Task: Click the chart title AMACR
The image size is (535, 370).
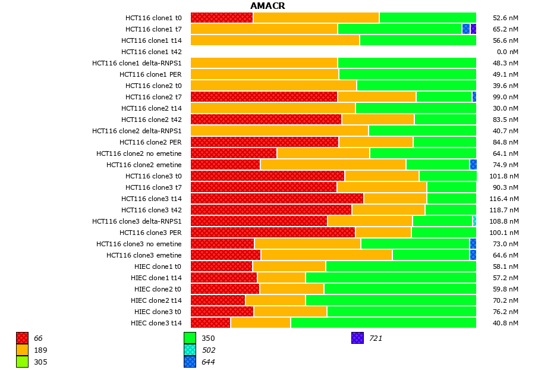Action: coord(267,6)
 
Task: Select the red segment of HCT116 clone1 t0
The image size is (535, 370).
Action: coord(222,18)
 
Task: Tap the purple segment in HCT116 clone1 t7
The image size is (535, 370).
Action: coord(473,29)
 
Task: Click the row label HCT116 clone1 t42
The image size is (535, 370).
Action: coord(152,52)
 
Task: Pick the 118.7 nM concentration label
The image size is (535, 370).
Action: coord(506,210)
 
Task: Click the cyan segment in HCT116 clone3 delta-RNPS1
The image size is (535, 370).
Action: coord(474,221)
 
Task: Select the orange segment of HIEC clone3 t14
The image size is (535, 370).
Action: coord(260,323)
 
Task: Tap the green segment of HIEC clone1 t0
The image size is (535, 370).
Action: coord(401,266)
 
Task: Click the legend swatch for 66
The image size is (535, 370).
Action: coord(22,338)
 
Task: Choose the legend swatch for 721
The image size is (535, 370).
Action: coord(357,338)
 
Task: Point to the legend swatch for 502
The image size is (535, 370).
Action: coord(190,350)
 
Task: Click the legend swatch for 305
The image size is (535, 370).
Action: coord(22,362)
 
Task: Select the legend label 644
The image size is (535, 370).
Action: coord(208,362)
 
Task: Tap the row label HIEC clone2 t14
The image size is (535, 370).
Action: coord(156,300)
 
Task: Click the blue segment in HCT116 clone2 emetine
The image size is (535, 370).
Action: coord(473,165)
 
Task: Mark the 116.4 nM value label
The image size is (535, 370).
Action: coord(506,199)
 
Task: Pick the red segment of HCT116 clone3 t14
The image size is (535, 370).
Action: coord(277,199)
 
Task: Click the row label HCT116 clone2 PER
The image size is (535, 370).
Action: coord(150,142)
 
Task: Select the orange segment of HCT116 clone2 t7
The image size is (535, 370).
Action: coord(377,97)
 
